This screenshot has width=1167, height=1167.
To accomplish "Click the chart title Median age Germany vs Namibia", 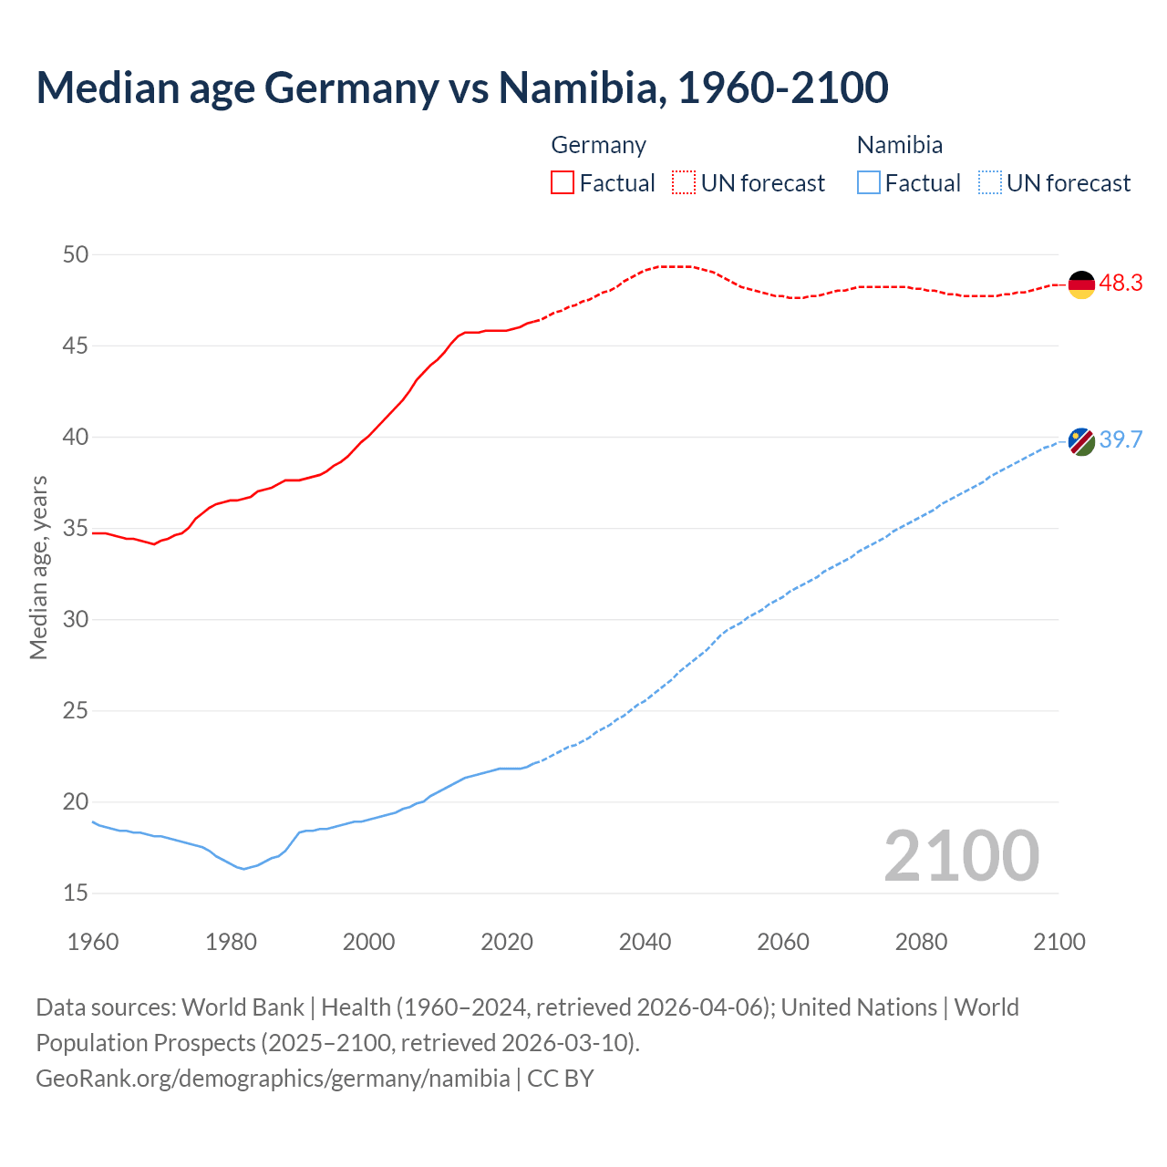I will tap(461, 88).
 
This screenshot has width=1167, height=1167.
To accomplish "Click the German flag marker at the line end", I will tap(1081, 284).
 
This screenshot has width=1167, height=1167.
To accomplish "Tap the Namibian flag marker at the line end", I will tap(1081, 441).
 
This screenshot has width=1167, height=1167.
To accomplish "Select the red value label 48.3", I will tap(1121, 284).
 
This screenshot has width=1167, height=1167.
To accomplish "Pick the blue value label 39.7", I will tap(1121, 440).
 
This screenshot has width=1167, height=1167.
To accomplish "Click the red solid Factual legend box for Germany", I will tap(563, 182).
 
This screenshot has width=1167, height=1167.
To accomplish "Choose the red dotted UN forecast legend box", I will tap(684, 182).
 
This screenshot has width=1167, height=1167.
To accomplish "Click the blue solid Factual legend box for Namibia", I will tap(869, 182).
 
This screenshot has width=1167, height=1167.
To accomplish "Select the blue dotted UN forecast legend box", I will tap(989, 182).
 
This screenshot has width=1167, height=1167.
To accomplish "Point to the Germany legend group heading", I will tap(598, 145).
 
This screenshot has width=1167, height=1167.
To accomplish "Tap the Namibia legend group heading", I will tap(899, 145).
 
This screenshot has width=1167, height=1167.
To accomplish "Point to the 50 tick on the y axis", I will tap(76, 254).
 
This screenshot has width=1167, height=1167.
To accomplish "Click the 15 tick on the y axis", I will tap(76, 893).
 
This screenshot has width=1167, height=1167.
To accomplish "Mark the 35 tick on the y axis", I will tap(76, 528).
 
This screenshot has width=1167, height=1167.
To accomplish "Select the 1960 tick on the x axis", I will tap(93, 942).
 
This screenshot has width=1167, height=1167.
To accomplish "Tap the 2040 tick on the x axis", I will tap(645, 942).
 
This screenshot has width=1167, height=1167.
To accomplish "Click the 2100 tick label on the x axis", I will tap(1059, 942).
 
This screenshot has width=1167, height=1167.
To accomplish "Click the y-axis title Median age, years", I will tap(38, 567).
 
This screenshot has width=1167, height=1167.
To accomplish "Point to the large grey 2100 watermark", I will tap(961, 855).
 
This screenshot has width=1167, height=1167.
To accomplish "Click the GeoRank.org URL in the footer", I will tap(273, 1079).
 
